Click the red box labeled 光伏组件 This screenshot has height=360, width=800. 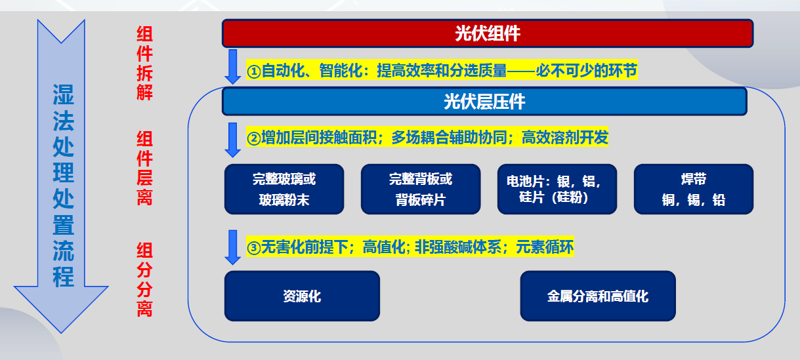488,33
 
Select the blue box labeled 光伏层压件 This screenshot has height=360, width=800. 484,102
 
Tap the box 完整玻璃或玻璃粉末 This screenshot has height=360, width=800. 284,189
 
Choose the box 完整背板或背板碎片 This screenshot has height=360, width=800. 421,189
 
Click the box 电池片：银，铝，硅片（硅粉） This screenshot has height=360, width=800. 557,189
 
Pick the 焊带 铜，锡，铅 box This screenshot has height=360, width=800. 694,189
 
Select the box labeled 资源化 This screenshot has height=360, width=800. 302,296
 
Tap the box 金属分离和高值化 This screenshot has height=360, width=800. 598,296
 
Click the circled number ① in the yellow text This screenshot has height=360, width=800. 253,71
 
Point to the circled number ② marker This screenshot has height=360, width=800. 253,138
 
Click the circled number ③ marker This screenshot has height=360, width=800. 253,248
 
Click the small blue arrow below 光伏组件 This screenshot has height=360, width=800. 233,67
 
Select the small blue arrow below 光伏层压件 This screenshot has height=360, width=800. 233,140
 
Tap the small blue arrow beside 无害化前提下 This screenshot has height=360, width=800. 233,247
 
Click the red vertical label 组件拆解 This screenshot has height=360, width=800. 144,63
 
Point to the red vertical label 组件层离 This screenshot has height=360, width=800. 144,168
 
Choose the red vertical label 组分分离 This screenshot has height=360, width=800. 144,280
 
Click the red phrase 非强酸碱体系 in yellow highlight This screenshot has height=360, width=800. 458,247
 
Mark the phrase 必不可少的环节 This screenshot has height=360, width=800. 587,70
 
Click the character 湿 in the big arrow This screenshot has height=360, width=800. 63,94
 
